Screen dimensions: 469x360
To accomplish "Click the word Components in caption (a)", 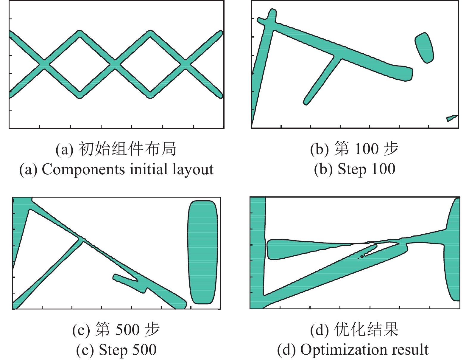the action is (83, 169).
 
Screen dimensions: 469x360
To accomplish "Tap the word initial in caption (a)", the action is (149, 169).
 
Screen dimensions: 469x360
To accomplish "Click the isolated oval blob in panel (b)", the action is (424, 48).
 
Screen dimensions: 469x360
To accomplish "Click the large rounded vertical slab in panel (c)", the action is (202, 252).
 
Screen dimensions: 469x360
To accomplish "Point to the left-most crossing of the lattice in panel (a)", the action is (44, 64).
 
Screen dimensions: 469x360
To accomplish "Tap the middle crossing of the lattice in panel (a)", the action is (115, 64).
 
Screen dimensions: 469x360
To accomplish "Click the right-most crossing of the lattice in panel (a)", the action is (186, 64).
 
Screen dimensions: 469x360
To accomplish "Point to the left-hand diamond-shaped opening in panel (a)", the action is (80, 64).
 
